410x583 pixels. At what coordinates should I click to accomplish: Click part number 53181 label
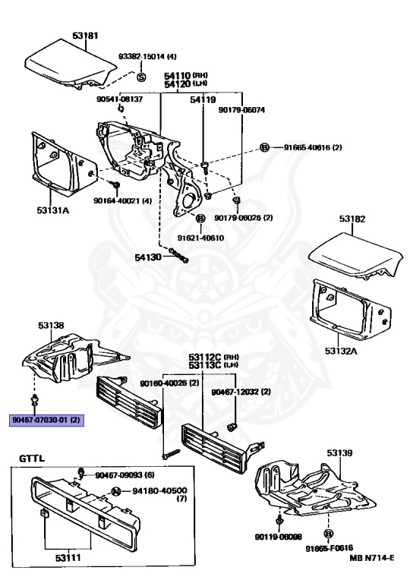tap(85, 36)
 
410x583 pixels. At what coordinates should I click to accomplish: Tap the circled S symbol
tap(141, 77)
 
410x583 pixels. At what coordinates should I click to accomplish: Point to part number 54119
tap(203, 99)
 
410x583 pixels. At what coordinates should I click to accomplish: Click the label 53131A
tap(53, 210)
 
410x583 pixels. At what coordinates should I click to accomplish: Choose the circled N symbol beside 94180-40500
tap(116, 492)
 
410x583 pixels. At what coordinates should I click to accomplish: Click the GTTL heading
tap(32, 458)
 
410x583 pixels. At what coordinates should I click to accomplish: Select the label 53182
tap(352, 219)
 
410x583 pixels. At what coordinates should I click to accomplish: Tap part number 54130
tap(148, 257)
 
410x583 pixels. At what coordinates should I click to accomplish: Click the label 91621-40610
tap(200, 238)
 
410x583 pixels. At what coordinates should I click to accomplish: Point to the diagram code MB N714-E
tap(372, 558)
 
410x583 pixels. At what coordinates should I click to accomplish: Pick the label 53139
tap(339, 453)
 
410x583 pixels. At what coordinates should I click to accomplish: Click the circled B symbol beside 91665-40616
tap(264, 147)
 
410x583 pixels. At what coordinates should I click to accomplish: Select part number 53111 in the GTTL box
tap(68, 558)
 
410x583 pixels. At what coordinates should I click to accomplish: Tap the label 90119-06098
tap(279, 537)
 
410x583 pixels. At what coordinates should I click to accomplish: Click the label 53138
tap(51, 326)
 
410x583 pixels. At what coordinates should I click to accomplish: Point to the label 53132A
tap(341, 351)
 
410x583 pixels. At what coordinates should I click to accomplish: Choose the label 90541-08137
tap(119, 99)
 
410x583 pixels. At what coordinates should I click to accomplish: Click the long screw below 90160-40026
tap(171, 454)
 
